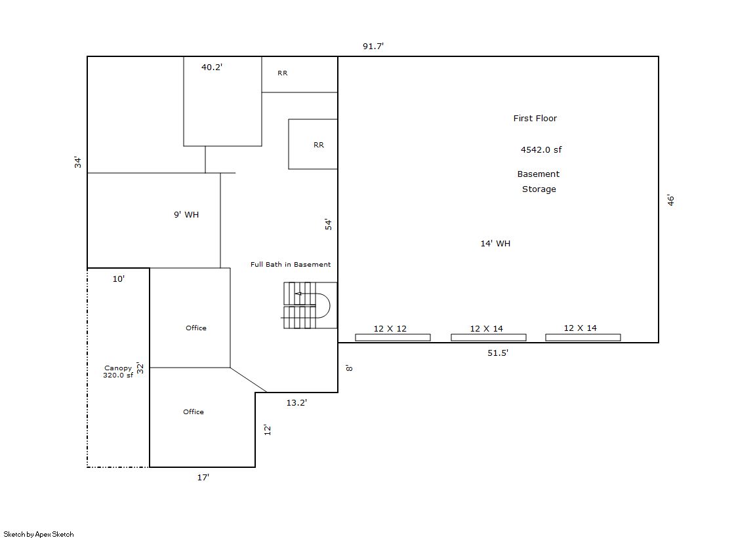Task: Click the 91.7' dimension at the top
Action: pos(373,46)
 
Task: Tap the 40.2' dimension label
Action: pos(212,67)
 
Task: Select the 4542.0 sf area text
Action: pos(541,149)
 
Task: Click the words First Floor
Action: pos(535,119)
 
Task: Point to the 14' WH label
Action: pos(495,243)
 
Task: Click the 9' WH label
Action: pos(186,215)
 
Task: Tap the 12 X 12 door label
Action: pos(390,328)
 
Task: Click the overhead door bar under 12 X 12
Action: pos(393,337)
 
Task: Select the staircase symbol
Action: pos(309,305)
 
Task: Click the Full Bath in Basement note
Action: pos(290,264)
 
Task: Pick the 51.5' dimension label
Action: pos(498,353)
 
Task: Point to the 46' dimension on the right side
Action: pos(671,201)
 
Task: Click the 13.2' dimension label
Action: pos(296,402)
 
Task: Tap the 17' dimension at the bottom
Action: pos(203,477)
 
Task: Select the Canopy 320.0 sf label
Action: pos(118,372)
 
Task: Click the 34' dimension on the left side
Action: pos(77,163)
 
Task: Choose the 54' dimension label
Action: pos(328,224)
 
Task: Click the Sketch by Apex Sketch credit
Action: pos(39,534)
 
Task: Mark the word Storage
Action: pos(539,189)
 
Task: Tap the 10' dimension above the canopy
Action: pos(119,279)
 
